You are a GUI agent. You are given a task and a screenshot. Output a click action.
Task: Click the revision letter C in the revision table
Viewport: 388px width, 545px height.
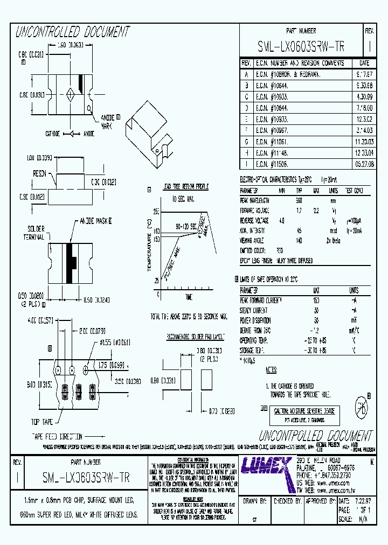click(246, 96)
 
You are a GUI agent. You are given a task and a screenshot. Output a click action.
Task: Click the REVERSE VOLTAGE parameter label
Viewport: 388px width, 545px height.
click(254, 220)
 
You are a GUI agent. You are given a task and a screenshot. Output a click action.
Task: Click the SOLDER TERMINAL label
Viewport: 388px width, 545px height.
click(34, 232)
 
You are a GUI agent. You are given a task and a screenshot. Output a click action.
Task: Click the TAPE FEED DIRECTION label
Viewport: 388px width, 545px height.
click(57, 437)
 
